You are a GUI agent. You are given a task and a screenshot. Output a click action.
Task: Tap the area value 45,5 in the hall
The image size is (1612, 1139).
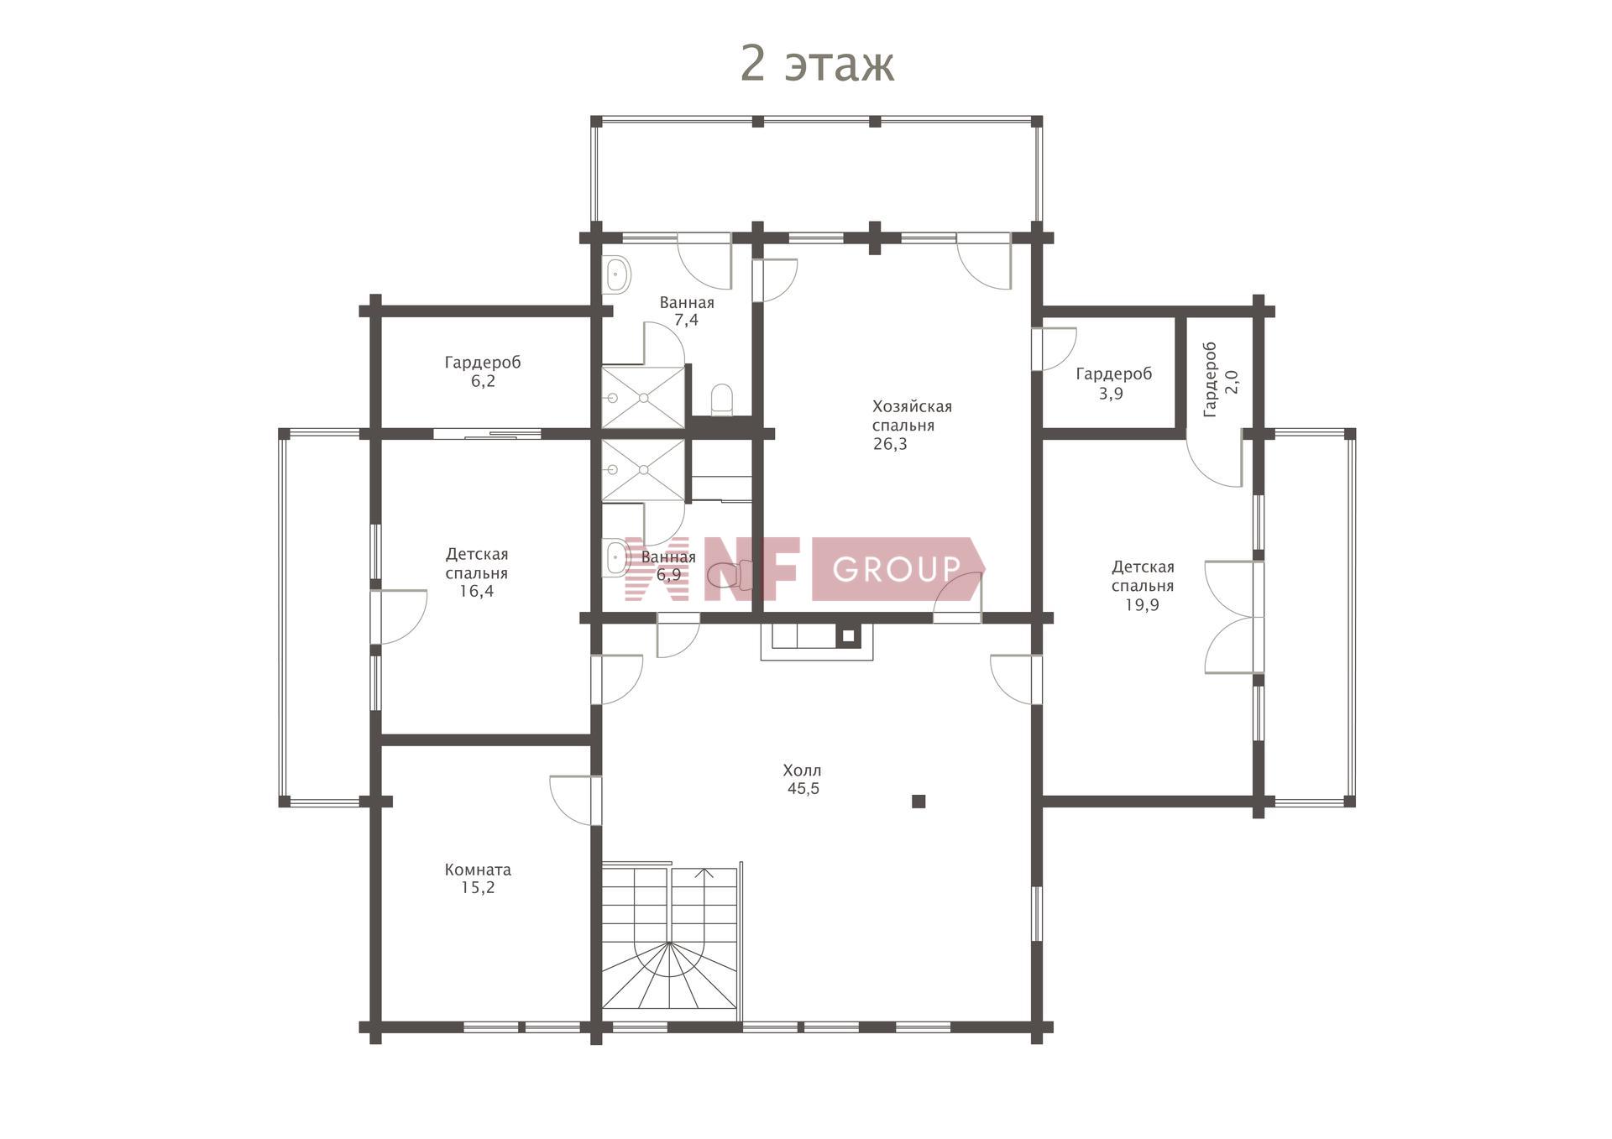(803, 789)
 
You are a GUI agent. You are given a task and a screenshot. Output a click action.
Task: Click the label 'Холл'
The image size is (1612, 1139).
(802, 771)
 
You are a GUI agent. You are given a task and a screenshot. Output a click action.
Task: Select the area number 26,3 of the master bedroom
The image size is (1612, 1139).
(890, 445)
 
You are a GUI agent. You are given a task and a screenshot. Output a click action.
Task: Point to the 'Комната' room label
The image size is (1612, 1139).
(478, 870)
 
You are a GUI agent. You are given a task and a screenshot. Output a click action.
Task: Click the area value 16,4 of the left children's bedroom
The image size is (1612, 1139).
(476, 591)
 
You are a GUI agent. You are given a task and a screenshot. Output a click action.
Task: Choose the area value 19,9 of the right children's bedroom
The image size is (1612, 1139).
(1142, 604)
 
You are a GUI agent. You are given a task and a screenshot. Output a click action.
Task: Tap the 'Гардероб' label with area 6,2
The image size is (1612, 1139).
(483, 363)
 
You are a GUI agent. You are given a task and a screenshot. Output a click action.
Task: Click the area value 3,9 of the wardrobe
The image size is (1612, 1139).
(1111, 394)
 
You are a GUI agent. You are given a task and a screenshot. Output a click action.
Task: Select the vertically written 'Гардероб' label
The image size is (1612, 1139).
(1210, 379)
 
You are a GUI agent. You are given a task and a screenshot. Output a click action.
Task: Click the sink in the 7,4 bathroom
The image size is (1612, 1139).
(617, 273)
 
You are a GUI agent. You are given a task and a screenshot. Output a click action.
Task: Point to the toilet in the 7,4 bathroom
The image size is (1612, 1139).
(722, 400)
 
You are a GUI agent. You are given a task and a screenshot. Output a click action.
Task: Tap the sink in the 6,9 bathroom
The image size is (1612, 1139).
(616, 557)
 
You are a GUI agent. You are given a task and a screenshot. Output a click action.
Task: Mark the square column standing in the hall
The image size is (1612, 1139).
(919, 802)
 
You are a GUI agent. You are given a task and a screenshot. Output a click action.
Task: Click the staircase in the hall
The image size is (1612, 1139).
(670, 938)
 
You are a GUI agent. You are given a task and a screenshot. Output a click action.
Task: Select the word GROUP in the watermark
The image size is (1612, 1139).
(896, 569)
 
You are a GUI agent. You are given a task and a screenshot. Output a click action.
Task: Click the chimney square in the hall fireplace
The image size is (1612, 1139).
(848, 636)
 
